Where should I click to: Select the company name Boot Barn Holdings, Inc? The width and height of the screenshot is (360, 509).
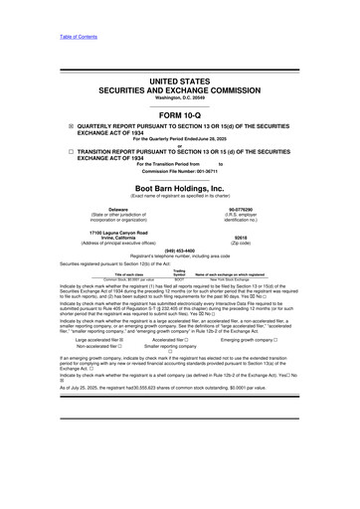[x=179, y=187]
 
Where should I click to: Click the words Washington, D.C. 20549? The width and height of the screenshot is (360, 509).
[x=179, y=78]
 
